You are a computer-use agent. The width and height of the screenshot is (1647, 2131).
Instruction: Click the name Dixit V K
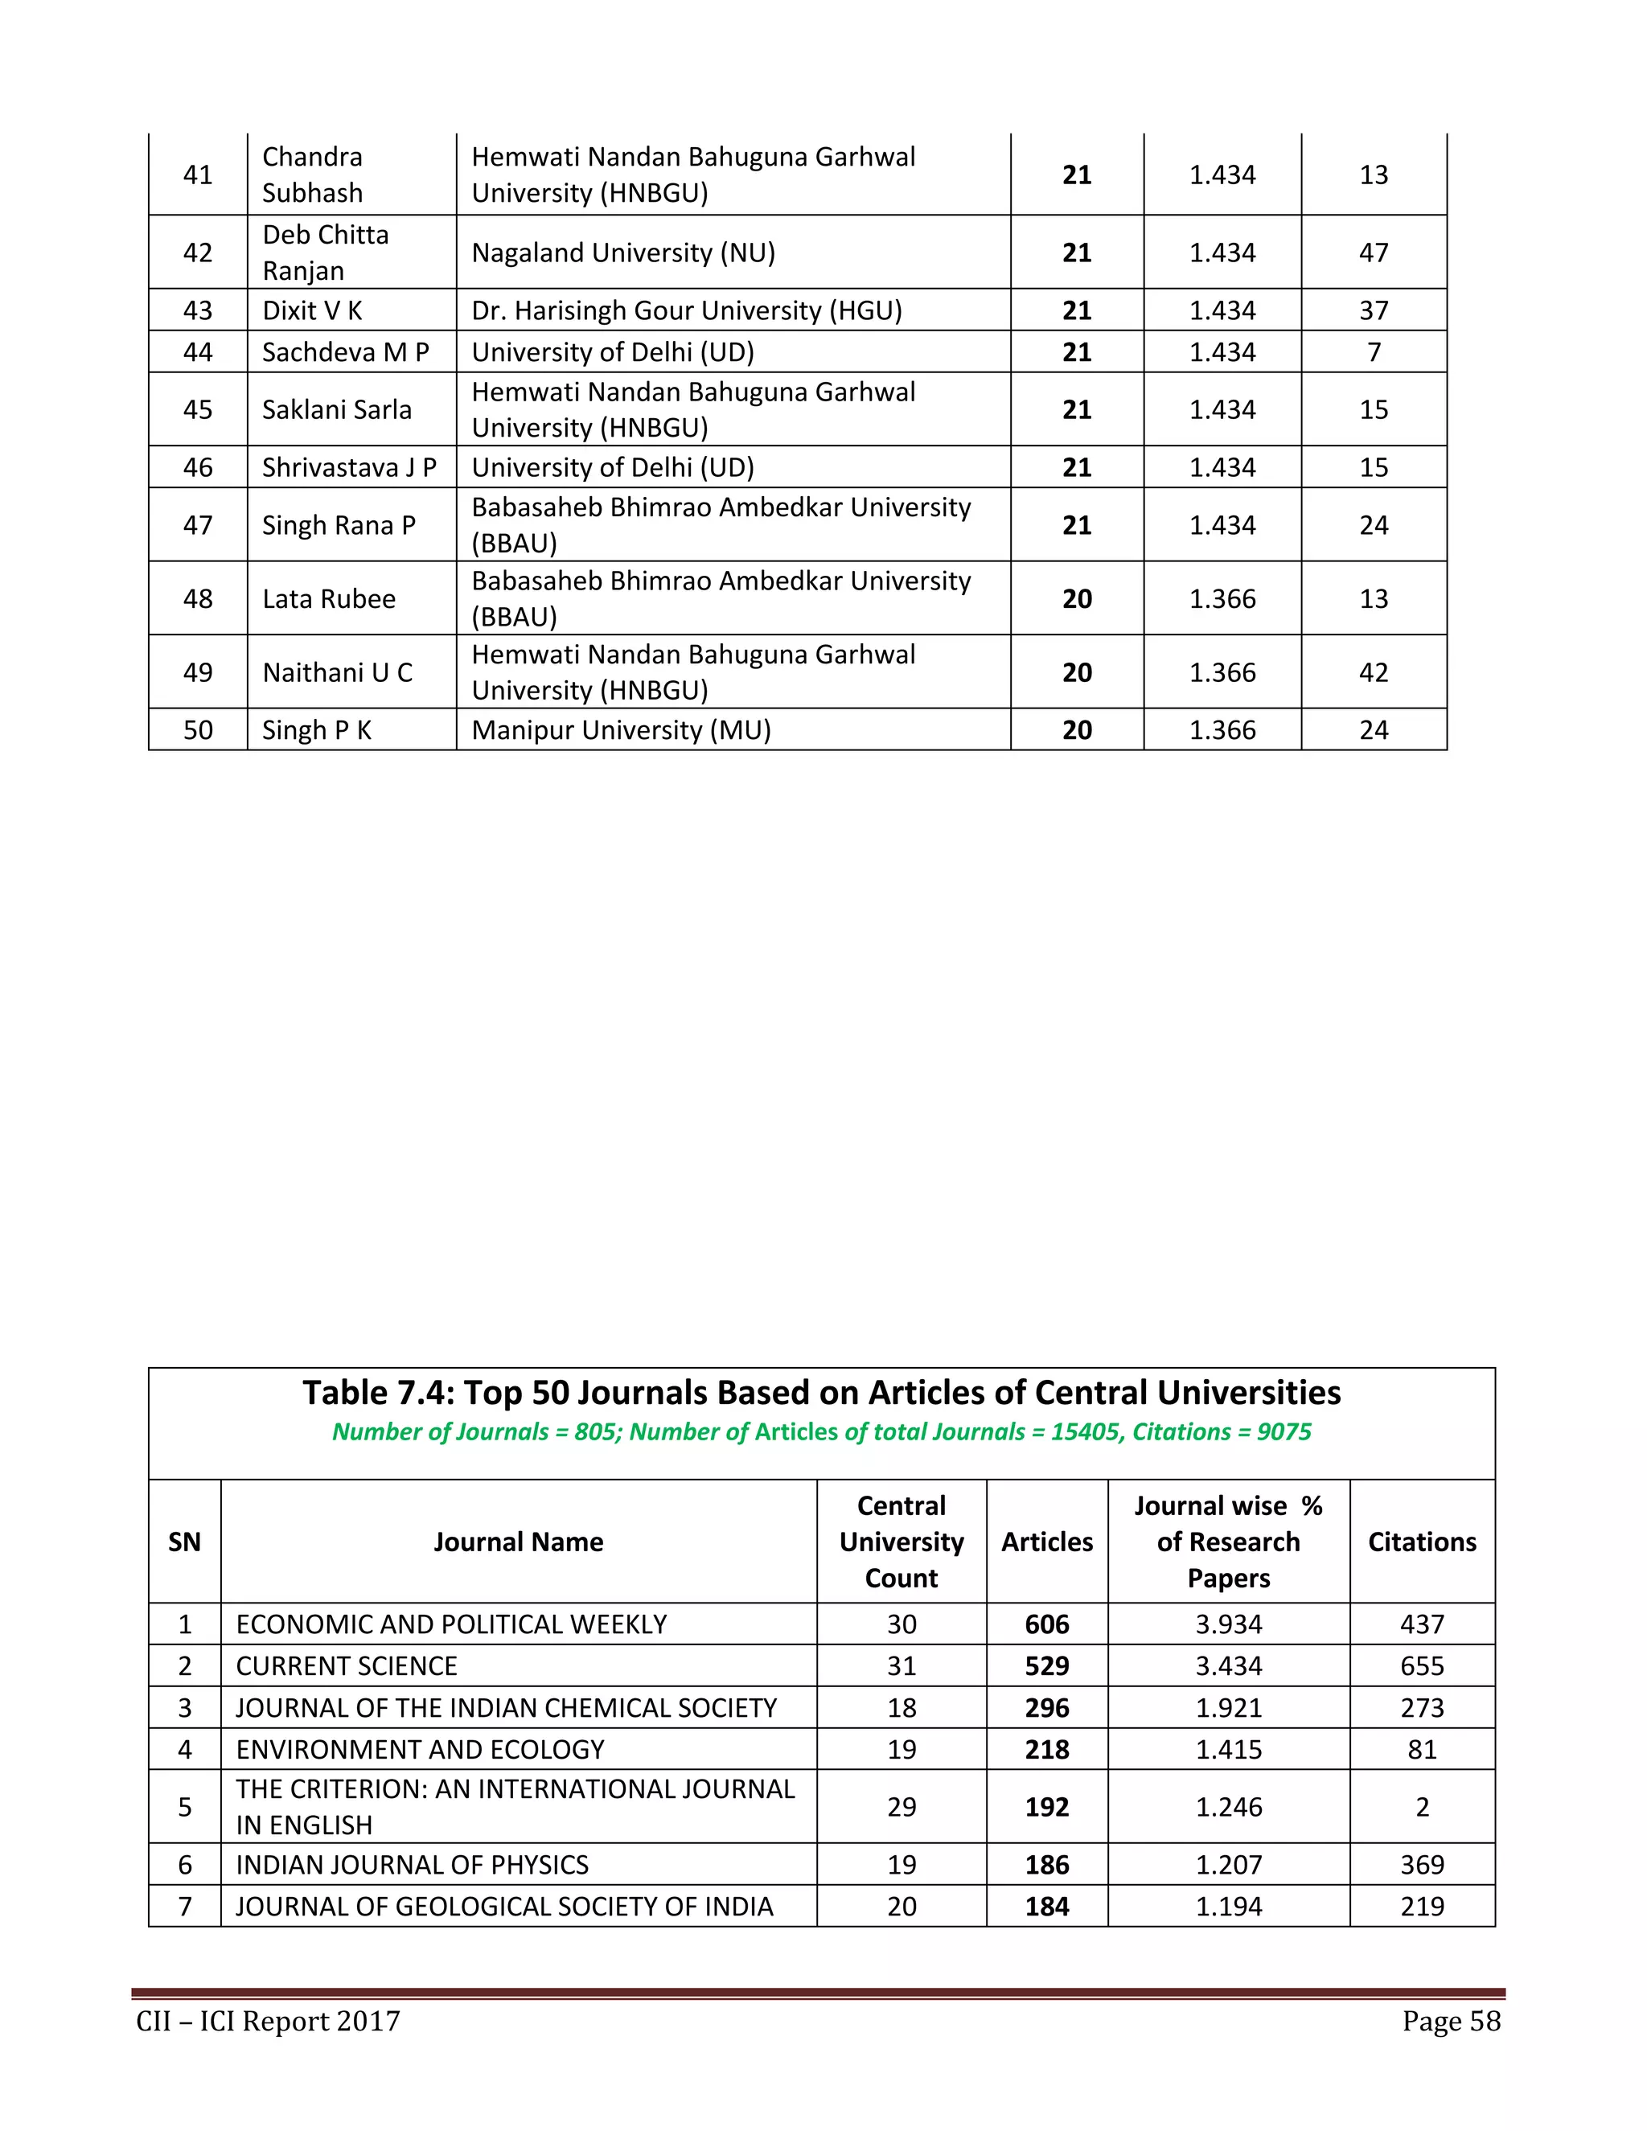tap(312, 310)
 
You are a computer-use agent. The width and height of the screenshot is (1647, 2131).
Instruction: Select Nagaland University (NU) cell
tap(623, 253)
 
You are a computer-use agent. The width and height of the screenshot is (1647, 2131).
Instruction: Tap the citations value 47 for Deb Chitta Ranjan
tap(1373, 253)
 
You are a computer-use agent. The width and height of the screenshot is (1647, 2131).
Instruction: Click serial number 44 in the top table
tap(198, 352)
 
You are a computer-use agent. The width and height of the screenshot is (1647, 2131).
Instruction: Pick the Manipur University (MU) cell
tap(622, 730)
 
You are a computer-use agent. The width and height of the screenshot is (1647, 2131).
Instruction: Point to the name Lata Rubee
tap(329, 598)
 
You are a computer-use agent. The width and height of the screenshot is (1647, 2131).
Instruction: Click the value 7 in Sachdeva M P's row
tap(1373, 352)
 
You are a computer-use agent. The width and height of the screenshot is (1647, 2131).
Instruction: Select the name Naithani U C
tap(338, 672)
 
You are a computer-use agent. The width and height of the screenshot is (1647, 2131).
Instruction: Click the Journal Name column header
tap(518, 1542)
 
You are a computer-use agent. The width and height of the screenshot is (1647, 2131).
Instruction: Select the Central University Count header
tap(901, 1542)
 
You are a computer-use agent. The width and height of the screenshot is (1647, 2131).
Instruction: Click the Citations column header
tap(1422, 1542)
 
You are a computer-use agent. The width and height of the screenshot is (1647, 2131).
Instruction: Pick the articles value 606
tap(1047, 1624)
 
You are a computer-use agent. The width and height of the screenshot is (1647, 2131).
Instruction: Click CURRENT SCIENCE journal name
tap(347, 1665)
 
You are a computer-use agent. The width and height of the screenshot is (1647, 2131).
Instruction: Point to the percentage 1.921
tap(1229, 1707)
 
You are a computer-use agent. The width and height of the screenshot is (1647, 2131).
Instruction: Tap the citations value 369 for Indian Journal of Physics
tap(1422, 1865)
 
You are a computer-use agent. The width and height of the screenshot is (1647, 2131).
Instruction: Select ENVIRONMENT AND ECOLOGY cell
tap(421, 1750)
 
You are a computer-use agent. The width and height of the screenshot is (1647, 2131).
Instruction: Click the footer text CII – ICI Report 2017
tap(269, 2021)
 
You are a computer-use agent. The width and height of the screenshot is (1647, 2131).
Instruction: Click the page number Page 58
tap(1451, 2021)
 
